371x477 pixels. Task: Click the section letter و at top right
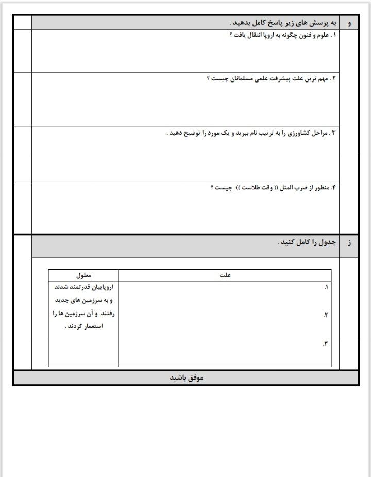350,23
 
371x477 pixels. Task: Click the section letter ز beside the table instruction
350,242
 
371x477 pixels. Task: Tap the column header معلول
83,275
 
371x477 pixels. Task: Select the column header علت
225,275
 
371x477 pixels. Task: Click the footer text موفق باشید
187,378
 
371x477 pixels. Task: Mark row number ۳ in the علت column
326,343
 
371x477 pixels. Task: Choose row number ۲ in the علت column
326,315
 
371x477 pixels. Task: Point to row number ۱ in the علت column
326,287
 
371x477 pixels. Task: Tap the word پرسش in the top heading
311,23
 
